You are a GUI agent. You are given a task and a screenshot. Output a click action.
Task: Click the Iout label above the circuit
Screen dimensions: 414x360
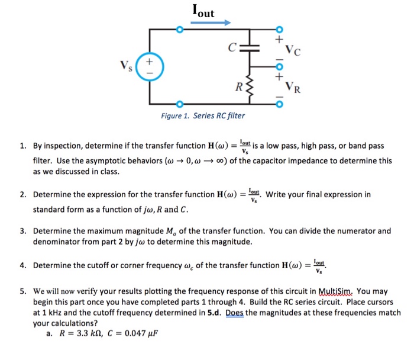tap(203, 10)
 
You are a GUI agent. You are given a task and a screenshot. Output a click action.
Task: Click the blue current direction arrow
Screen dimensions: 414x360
tap(210, 22)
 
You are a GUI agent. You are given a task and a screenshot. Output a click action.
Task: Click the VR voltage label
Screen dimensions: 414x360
tap(295, 89)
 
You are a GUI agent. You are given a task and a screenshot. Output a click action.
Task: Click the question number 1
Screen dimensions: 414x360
tap(22, 146)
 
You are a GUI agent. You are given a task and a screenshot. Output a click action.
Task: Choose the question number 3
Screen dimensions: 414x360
tap(22, 231)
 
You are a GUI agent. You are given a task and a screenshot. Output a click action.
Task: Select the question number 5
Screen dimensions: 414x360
tap(22, 291)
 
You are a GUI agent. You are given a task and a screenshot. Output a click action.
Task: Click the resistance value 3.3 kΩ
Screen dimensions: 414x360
tap(81, 334)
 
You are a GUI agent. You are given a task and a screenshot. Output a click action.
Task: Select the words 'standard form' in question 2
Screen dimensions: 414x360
tap(57, 210)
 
